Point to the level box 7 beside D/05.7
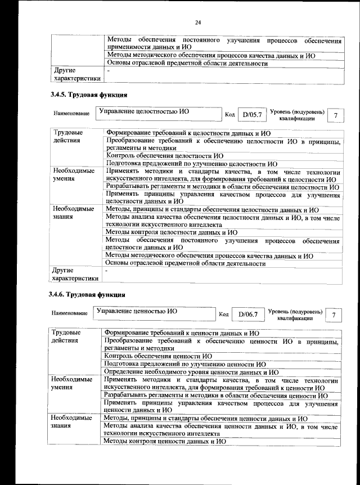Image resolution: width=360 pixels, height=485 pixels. pyautogui.click(x=336, y=115)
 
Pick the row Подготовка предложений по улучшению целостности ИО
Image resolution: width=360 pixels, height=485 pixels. pyautogui.click(x=192, y=163)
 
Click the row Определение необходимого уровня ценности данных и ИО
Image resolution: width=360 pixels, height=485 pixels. pyautogui.click(x=192, y=372)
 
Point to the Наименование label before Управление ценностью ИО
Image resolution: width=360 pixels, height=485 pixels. pyautogui.click(x=70, y=313)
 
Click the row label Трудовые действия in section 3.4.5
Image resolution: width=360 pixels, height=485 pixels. pyautogui.click(x=67, y=136)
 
